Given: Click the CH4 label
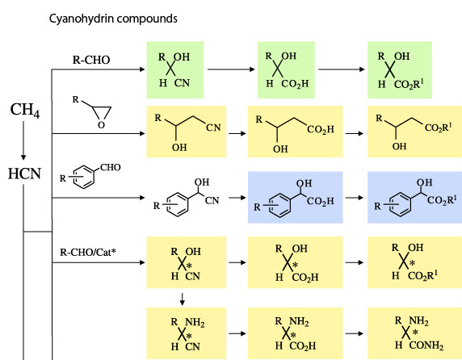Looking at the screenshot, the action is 25,111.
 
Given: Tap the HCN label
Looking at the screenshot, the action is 24,174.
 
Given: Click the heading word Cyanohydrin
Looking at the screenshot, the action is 82,19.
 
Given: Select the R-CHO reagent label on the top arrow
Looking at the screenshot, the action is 91,60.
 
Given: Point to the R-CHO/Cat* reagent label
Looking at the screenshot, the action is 88,253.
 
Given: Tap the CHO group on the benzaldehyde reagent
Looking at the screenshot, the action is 111,168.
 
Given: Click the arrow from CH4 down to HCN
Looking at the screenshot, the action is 23,140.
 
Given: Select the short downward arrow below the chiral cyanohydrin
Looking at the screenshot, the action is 183,299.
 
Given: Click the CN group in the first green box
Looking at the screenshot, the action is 182,83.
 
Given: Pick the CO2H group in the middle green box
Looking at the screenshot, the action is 295,84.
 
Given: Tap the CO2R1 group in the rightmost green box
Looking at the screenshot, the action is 409,84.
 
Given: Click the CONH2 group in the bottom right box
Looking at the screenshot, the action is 426,345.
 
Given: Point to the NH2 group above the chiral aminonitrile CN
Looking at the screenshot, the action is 195,323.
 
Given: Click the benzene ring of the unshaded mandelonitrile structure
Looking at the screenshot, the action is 178,204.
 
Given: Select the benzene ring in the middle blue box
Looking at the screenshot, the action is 279,206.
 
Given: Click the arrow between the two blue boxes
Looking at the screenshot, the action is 355,198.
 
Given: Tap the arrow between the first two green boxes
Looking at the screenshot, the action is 231,69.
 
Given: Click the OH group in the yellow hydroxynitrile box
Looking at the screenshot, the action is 179,147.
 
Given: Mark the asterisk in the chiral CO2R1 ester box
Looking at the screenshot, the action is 413,263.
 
